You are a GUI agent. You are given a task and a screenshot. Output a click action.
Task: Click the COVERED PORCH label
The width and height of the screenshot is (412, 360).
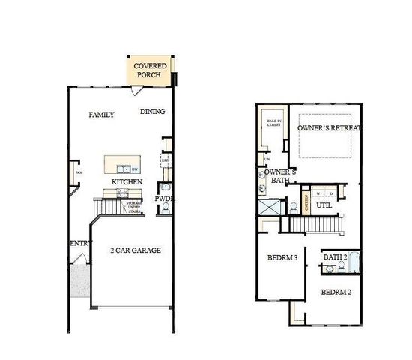150,71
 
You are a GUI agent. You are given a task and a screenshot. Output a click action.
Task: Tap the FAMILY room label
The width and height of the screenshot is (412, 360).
101,115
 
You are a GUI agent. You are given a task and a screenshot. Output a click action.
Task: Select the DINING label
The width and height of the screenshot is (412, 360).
152,112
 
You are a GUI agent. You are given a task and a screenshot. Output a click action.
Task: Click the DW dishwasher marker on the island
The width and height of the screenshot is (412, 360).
135,169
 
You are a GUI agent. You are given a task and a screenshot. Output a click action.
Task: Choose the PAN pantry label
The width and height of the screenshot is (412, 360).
77,175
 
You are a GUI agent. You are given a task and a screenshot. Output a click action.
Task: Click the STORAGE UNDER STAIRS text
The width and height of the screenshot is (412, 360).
133,206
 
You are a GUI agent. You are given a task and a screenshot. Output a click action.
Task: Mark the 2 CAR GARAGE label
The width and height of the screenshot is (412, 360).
136,250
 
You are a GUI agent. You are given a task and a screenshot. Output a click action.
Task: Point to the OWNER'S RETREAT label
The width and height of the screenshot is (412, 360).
329,128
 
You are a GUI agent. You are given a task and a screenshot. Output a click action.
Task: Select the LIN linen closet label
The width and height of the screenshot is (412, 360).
266,159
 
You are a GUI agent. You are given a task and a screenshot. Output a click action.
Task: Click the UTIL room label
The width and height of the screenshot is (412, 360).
324,205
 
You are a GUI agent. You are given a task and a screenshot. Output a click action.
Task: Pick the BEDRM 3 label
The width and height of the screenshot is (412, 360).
282,259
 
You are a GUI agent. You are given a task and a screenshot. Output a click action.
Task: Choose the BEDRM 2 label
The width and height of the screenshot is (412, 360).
336,291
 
